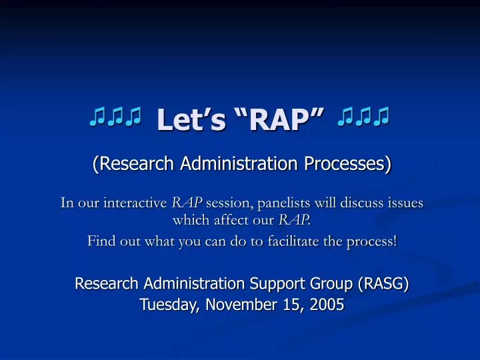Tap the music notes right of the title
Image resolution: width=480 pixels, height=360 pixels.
point(364,119)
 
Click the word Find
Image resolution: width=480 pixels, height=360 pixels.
point(100,241)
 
